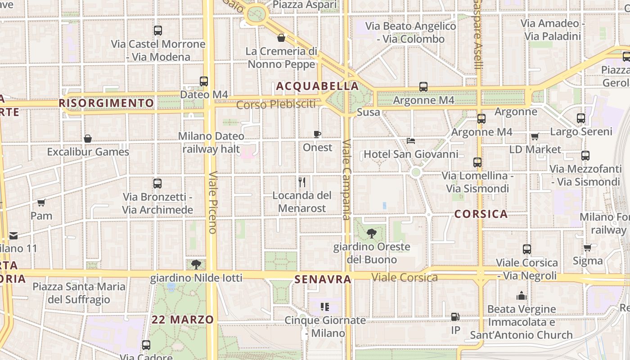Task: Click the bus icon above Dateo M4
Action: pos(204,81)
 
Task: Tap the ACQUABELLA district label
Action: pos(318,86)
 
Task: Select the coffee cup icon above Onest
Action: pos(317,134)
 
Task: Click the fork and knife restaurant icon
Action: pos(302,182)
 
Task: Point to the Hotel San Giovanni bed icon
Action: pos(411,141)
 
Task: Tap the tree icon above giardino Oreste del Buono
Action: pos(372,233)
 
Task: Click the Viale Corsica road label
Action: pos(405,277)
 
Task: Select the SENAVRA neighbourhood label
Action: pos(323,279)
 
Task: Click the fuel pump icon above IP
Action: pos(455,317)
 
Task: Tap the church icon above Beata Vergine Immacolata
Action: pos(522,296)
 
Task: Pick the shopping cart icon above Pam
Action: pos(41,202)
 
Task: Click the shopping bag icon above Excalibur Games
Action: pos(88,139)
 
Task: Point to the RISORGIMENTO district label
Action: pos(106,103)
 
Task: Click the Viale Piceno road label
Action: pos(213,202)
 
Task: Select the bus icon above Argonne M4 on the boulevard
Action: pos(423,87)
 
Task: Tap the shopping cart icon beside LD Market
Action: pos(535,136)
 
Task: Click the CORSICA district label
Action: pos(481,214)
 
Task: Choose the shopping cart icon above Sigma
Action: pos(587,247)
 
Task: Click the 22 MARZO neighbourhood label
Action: pos(183,320)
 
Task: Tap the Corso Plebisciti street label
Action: pos(276,105)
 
